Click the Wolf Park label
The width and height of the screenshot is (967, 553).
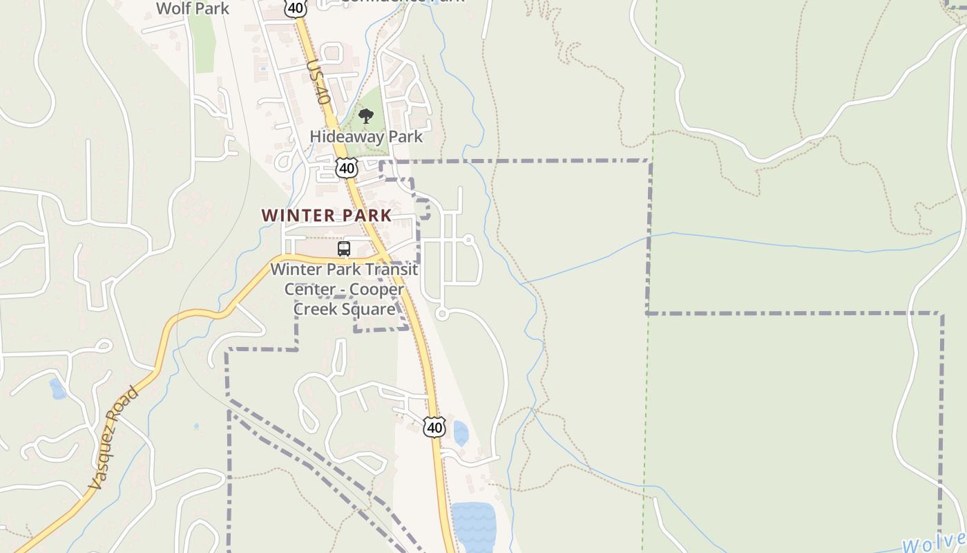(x=193, y=8)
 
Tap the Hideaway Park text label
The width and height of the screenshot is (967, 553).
(x=366, y=136)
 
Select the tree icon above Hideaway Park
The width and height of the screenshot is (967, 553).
(x=366, y=116)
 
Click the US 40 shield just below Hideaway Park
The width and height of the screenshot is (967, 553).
(x=347, y=168)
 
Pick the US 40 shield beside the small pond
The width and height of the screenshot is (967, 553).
(x=434, y=427)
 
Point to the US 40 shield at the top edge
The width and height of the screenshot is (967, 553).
(x=294, y=8)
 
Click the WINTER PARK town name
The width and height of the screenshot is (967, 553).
(x=327, y=215)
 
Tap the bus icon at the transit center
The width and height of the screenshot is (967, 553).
(x=344, y=249)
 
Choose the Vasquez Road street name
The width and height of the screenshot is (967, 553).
(x=114, y=440)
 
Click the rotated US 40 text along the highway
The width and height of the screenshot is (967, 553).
(x=318, y=81)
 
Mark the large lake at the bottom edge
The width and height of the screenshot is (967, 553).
(x=473, y=527)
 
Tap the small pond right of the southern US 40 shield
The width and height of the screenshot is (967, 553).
(x=461, y=433)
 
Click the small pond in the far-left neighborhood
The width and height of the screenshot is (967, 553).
(x=58, y=389)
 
